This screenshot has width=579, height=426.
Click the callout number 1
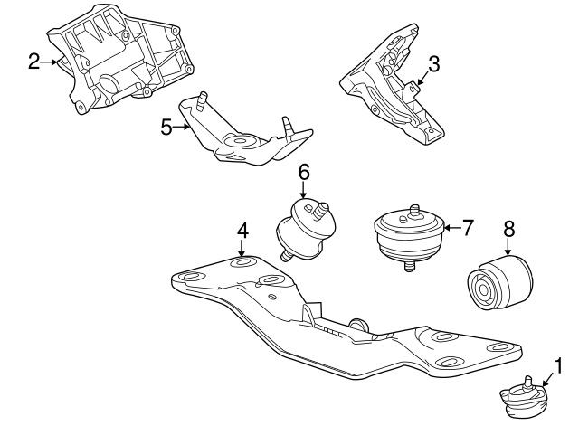point(558,365)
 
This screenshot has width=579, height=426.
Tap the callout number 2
point(34,62)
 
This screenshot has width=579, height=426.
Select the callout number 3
point(433,63)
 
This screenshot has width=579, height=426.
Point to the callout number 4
point(242,232)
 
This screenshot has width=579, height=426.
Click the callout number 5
point(166,127)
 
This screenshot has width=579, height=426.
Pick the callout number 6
point(304,171)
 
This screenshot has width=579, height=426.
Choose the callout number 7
point(467,227)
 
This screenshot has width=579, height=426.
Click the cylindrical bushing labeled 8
point(500,283)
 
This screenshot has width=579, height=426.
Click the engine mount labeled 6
point(305,229)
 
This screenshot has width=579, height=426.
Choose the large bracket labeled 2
point(127,63)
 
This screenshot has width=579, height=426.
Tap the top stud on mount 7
point(414,210)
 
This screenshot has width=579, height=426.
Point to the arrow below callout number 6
point(304,188)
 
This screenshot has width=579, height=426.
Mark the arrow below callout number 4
point(242,248)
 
